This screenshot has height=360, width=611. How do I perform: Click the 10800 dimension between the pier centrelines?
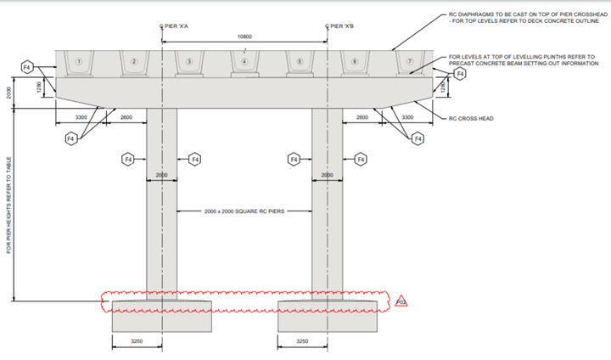click(244, 37)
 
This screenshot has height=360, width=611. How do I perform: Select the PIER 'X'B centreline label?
click(342, 26)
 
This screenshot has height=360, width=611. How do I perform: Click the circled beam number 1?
click(78, 61)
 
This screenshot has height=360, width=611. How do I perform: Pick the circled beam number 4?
click(244, 61)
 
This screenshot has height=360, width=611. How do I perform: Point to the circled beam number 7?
click(410, 61)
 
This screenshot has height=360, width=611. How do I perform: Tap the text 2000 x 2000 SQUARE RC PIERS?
click(244, 211)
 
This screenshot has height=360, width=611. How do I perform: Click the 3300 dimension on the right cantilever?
click(407, 117)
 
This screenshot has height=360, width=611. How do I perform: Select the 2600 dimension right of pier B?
click(362, 117)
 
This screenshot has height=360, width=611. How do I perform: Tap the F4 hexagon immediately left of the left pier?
click(128, 159)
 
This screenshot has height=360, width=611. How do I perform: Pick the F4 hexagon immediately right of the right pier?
click(361, 159)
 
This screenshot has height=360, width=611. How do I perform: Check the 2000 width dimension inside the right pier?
click(327, 175)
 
